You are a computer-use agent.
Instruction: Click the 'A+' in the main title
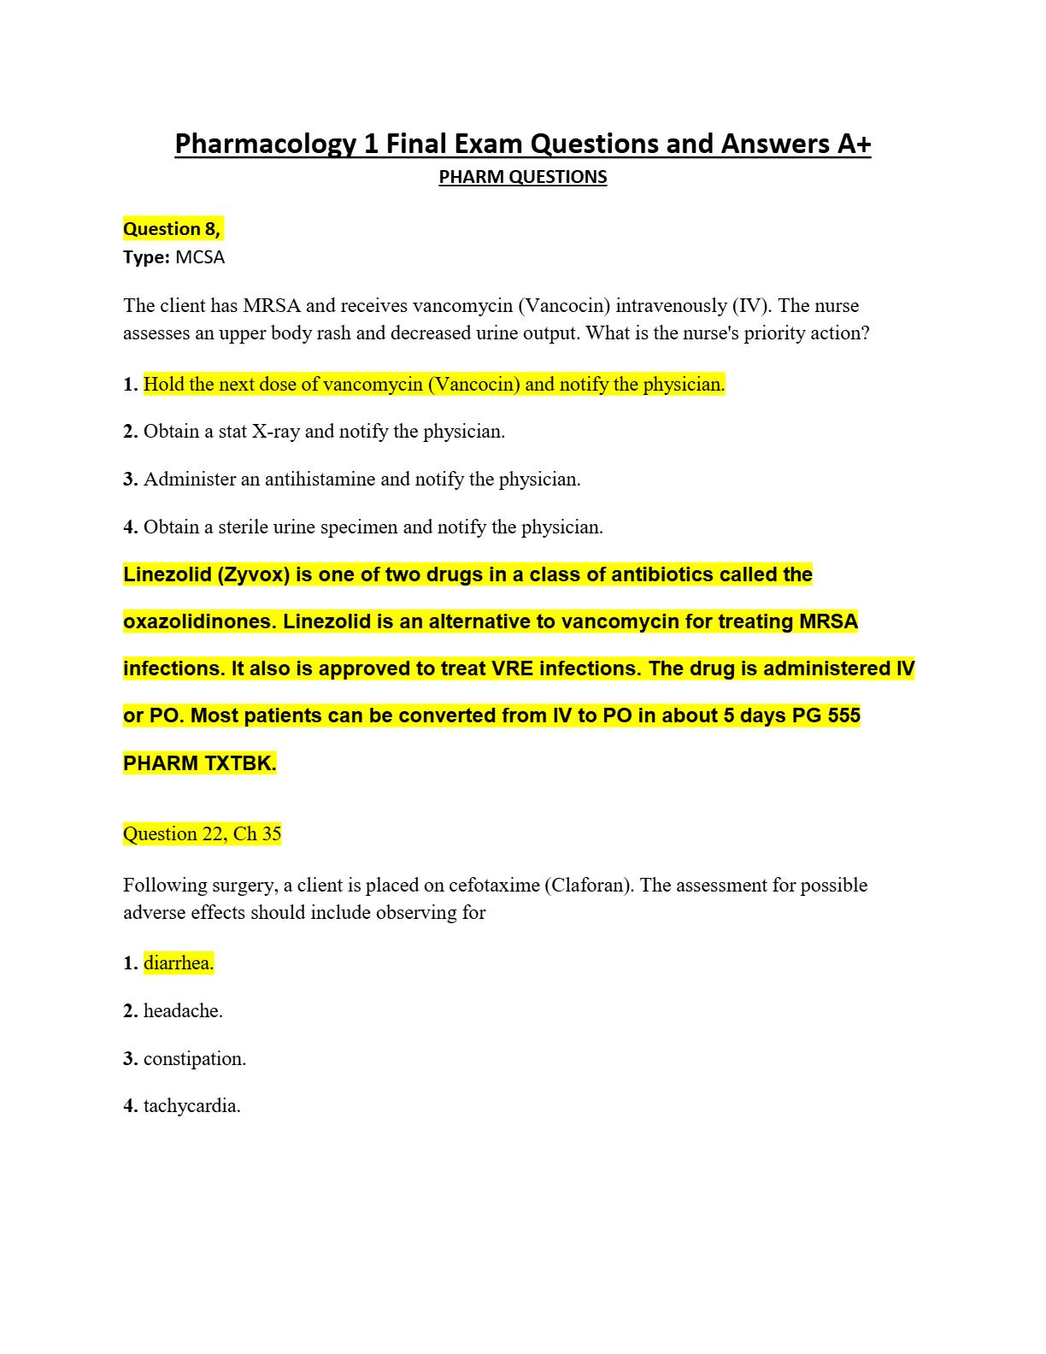tap(852, 144)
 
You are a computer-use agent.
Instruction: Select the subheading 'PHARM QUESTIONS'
tap(522, 177)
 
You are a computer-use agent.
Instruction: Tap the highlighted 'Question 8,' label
tap(172, 229)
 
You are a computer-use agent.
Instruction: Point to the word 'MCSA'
tap(200, 257)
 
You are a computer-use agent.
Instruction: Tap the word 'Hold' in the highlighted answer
tap(162, 385)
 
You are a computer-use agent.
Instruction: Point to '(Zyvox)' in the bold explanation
tap(253, 574)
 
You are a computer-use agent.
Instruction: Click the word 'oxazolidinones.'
tap(200, 621)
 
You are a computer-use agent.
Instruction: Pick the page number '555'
tap(843, 715)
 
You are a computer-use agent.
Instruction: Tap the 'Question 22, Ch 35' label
tap(202, 834)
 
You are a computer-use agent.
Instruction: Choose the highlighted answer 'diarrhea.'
tap(179, 963)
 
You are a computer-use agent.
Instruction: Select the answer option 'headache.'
tap(183, 1011)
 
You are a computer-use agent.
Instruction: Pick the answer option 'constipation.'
tap(195, 1059)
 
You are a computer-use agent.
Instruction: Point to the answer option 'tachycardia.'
tap(191, 1106)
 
